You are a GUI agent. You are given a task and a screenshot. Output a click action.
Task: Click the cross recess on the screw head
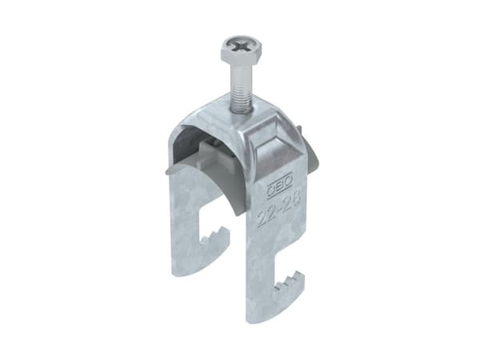[241, 47]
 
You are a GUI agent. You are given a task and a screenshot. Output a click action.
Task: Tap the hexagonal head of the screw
[241, 50]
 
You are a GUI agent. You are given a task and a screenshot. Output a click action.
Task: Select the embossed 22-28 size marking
[278, 209]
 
